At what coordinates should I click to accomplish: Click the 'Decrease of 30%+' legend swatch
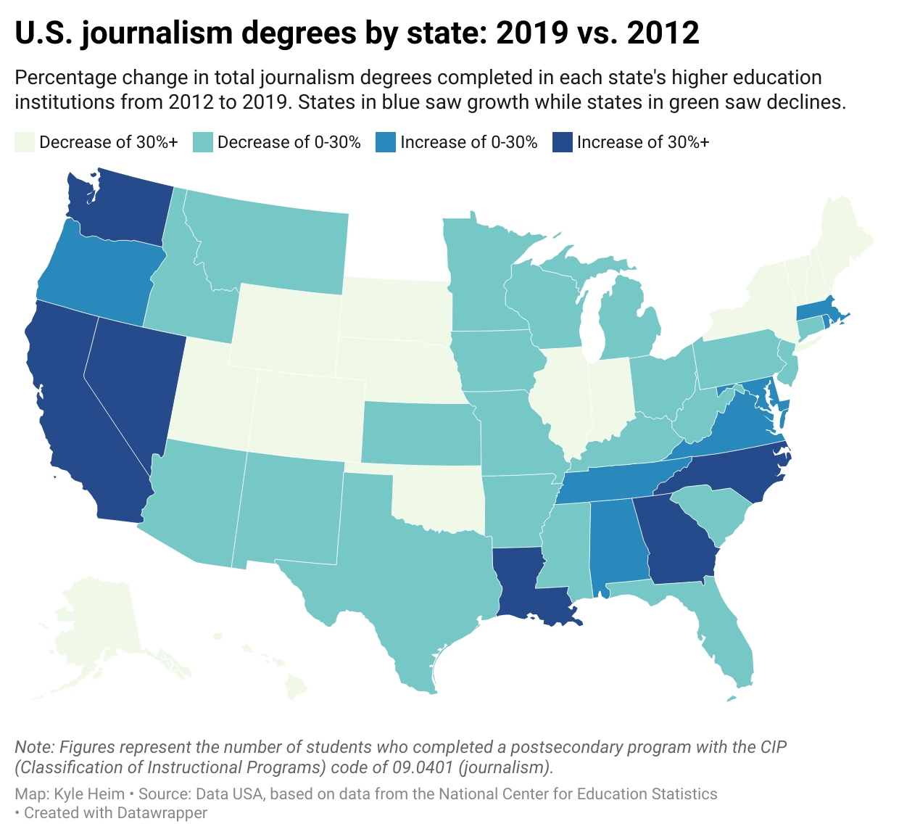click(25, 142)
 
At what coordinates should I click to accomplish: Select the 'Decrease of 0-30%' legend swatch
click(203, 142)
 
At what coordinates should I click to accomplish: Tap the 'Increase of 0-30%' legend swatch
click(386, 142)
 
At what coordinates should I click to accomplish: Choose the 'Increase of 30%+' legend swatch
click(563, 142)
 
